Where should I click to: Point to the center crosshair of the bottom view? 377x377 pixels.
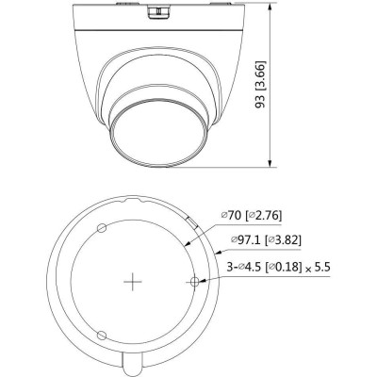click(135, 282)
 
